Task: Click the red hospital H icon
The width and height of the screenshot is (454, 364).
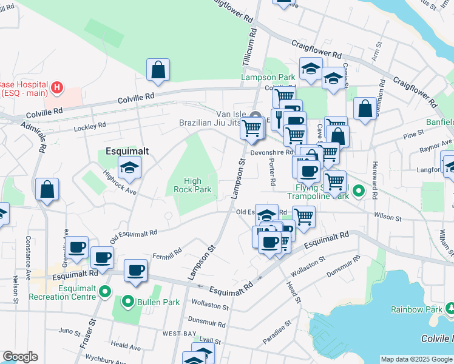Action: point(56,89)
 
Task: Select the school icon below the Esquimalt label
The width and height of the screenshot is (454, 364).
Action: point(129,168)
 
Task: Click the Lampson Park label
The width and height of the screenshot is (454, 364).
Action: point(268,77)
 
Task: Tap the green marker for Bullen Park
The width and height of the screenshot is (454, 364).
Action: point(128,302)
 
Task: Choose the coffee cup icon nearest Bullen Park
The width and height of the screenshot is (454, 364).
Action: point(136,270)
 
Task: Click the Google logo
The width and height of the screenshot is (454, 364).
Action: point(20,357)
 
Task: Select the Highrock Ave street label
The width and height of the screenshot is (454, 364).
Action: point(119,181)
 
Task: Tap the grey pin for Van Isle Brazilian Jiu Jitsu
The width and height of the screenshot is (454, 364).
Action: point(256,116)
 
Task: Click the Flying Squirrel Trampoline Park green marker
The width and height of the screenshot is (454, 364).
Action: point(359,192)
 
